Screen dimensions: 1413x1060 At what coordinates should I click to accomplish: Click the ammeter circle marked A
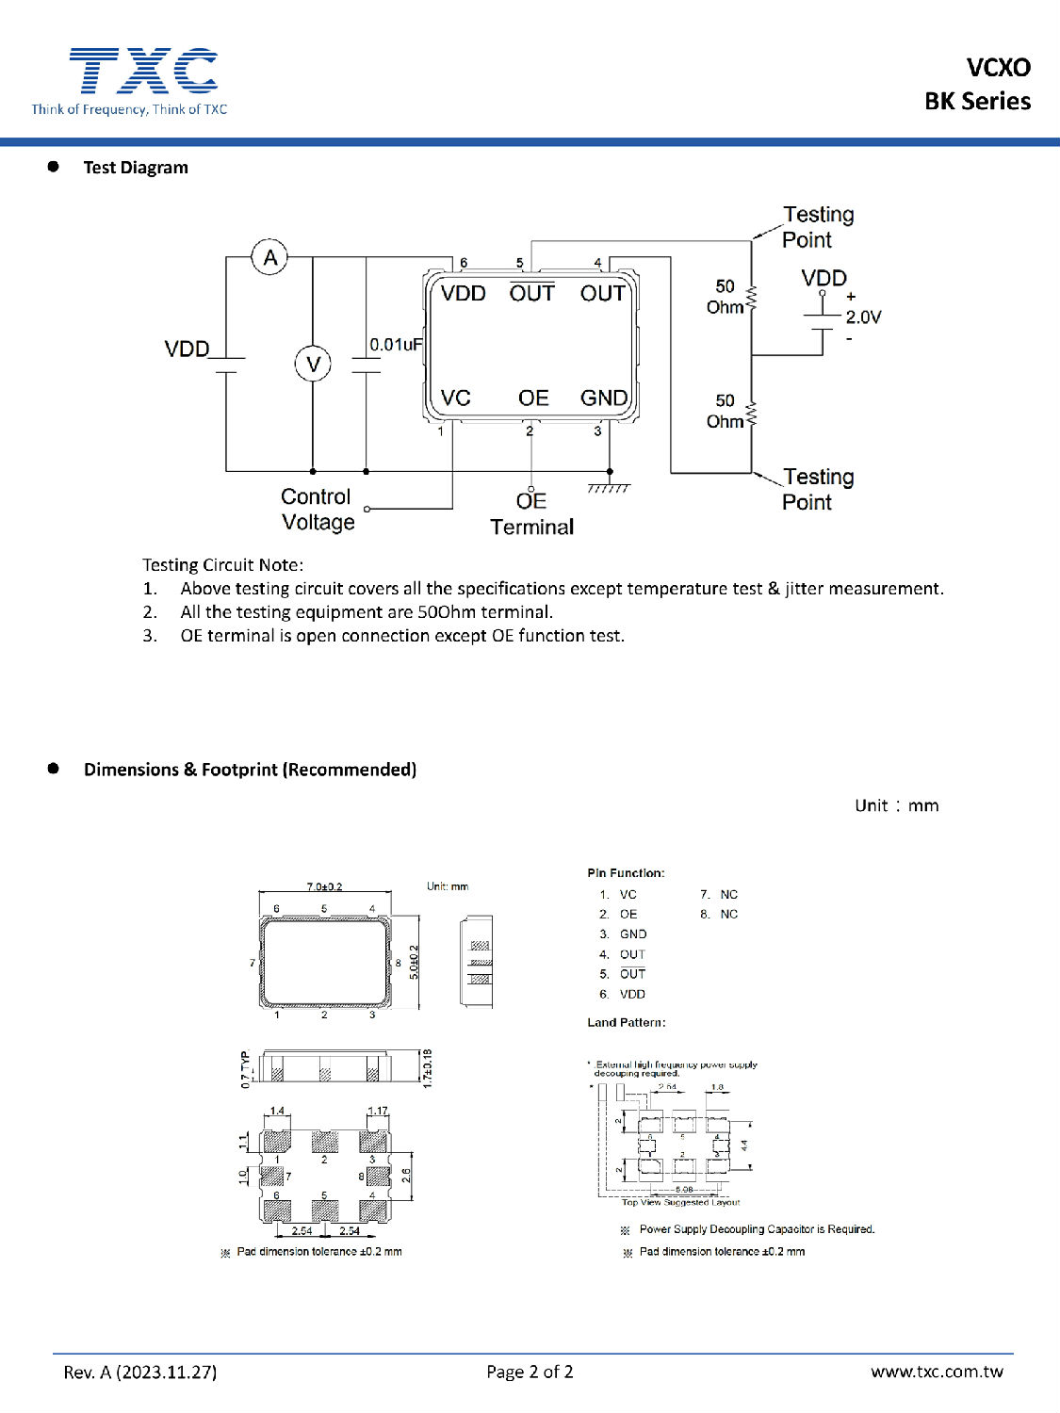[x=270, y=257]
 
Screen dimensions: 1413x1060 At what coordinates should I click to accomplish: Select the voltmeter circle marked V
[x=313, y=364]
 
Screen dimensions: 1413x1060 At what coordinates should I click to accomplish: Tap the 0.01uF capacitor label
[x=396, y=345]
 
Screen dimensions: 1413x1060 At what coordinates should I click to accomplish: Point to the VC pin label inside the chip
[x=455, y=398]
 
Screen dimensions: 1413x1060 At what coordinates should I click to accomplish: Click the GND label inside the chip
[x=603, y=398]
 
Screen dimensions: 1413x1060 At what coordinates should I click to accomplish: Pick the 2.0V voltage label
[x=863, y=317]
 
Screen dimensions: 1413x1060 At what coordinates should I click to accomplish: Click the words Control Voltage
[x=318, y=510]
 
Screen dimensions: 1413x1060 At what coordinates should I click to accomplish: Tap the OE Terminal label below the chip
[x=531, y=514]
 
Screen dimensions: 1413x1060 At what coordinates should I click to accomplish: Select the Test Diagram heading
[x=136, y=168]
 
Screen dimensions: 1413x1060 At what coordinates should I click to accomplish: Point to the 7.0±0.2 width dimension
[x=325, y=886]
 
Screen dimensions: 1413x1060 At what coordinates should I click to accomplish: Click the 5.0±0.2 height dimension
[x=414, y=963]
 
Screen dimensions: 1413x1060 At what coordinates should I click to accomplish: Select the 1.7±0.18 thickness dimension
[x=428, y=1068]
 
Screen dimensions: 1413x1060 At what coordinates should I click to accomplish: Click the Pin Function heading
[x=626, y=873]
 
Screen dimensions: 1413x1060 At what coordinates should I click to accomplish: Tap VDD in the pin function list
[x=632, y=994]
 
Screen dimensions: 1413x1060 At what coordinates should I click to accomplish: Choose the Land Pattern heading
[x=626, y=1022]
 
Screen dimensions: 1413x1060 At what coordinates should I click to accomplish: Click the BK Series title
[x=977, y=101]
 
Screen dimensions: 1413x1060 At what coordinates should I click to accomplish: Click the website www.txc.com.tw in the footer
[x=937, y=1372]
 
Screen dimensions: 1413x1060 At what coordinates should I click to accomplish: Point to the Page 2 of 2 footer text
[x=530, y=1372]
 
